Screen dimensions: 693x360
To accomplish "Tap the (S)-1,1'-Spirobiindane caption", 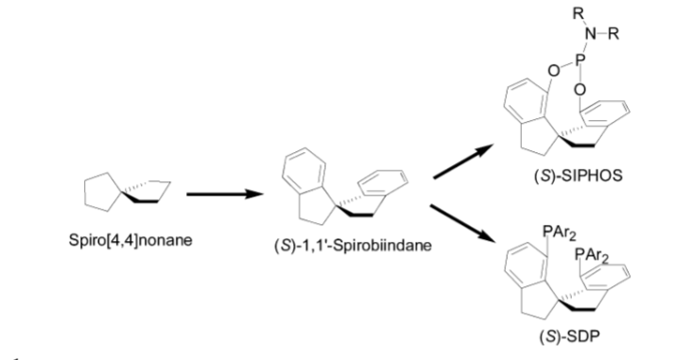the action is [353, 245].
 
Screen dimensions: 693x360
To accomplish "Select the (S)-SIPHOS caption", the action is [578, 176].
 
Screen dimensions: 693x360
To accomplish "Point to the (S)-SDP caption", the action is [570, 336].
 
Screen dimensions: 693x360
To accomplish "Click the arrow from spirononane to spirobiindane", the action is [225, 194].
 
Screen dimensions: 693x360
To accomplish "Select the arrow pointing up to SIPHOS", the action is [463, 162].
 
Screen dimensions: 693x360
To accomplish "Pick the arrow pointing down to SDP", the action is [462, 223].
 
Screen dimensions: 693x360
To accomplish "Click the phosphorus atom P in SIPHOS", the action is [581, 59].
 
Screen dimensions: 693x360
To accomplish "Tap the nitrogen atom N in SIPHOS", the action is [590, 34].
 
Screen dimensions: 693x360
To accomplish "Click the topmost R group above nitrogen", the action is [578, 13].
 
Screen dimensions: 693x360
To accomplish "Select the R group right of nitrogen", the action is [614, 34].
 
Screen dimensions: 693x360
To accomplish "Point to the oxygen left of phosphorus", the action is [553, 70].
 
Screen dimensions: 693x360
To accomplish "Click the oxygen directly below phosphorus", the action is [580, 90].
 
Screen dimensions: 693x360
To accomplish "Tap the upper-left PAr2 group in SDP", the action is [559, 232].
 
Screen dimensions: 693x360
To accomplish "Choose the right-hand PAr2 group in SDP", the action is [591, 256].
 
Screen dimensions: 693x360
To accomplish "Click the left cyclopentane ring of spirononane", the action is [85, 193].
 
